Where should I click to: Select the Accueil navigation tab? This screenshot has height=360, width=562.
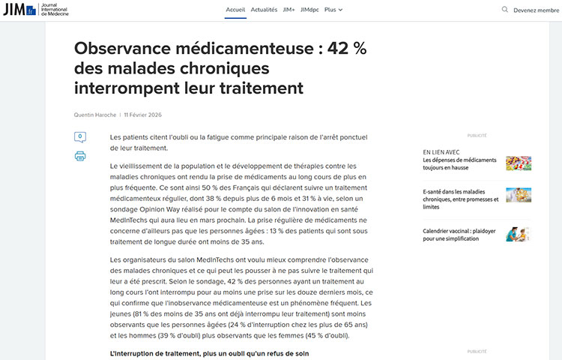(x=235, y=10)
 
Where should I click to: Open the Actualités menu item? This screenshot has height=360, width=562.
(x=264, y=10)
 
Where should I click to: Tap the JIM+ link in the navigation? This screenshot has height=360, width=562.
(x=288, y=10)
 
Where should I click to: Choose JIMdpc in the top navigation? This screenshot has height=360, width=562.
(x=309, y=10)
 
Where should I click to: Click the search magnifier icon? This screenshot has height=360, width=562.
(x=505, y=10)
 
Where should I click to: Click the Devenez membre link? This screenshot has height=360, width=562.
(x=537, y=10)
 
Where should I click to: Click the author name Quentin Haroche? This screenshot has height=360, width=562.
(x=95, y=115)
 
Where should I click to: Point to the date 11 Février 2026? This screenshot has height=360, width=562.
(x=142, y=115)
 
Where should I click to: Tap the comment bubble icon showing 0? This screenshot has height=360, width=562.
(x=80, y=137)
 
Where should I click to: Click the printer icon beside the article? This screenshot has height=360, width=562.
(x=80, y=156)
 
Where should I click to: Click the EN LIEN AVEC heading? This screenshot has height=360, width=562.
(x=441, y=151)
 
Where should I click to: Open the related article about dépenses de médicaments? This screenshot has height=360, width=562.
(x=459, y=163)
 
